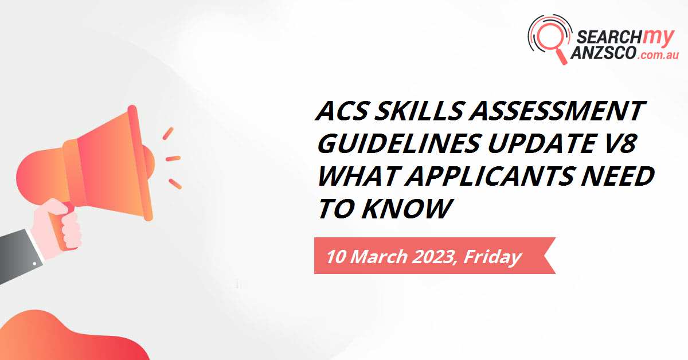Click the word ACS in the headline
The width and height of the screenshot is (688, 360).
coord(341,111)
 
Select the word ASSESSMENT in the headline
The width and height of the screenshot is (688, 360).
coord(557,111)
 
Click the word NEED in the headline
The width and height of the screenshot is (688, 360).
coord(617,176)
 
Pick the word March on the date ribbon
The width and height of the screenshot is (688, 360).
coord(378,257)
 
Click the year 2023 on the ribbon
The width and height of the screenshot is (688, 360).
coord(433,257)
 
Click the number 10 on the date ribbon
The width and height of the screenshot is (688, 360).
coord(336,257)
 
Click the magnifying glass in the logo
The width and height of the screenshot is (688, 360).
coord(550,39)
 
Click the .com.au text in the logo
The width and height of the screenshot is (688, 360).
coord(657,55)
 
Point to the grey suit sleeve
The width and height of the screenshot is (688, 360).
coord(20,256)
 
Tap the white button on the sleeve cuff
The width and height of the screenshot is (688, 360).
coord(35,263)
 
